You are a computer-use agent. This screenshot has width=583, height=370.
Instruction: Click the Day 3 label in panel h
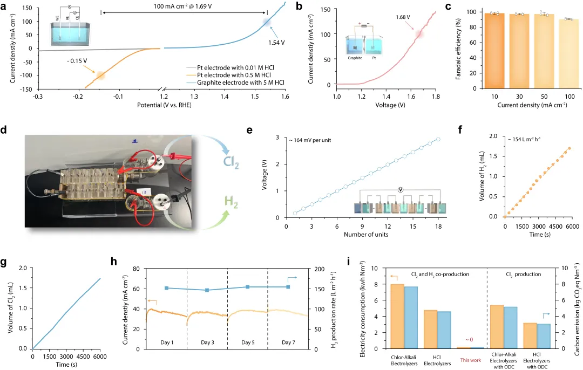pos(207,343)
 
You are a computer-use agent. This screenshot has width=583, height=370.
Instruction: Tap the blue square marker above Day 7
pos(288,287)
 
